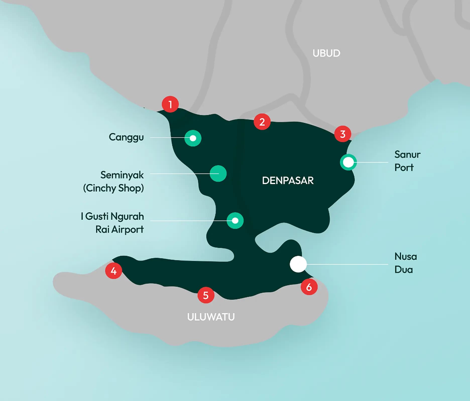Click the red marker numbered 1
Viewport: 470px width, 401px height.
pos(170,104)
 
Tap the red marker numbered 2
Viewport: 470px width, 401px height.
pos(262,122)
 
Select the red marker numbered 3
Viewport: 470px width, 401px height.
pos(342,134)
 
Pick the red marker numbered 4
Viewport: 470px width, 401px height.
pos(113,271)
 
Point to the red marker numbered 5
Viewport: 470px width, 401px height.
pos(206,295)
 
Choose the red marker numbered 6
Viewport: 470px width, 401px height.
pos(309,287)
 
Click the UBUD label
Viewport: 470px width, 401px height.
pos(326,53)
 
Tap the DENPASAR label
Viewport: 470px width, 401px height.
pos(288,180)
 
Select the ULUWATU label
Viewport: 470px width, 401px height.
pos(211,317)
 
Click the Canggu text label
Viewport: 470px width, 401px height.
pos(126,137)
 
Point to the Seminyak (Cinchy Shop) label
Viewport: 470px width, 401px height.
pos(114,181)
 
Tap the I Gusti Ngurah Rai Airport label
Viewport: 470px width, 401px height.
pos(112,223)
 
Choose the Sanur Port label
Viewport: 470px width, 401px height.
pos(407,161)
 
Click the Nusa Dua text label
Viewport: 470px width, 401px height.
pos(405,263)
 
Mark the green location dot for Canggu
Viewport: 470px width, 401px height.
pos(193,138)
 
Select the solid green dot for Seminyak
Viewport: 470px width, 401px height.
pos(218,174)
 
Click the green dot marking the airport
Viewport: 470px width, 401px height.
pos(235,221)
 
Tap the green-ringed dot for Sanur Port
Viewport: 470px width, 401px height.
pos(348,162)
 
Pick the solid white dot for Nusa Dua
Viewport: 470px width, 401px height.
pos(298,264)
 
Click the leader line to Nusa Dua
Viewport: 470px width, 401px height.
pos(346,264)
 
